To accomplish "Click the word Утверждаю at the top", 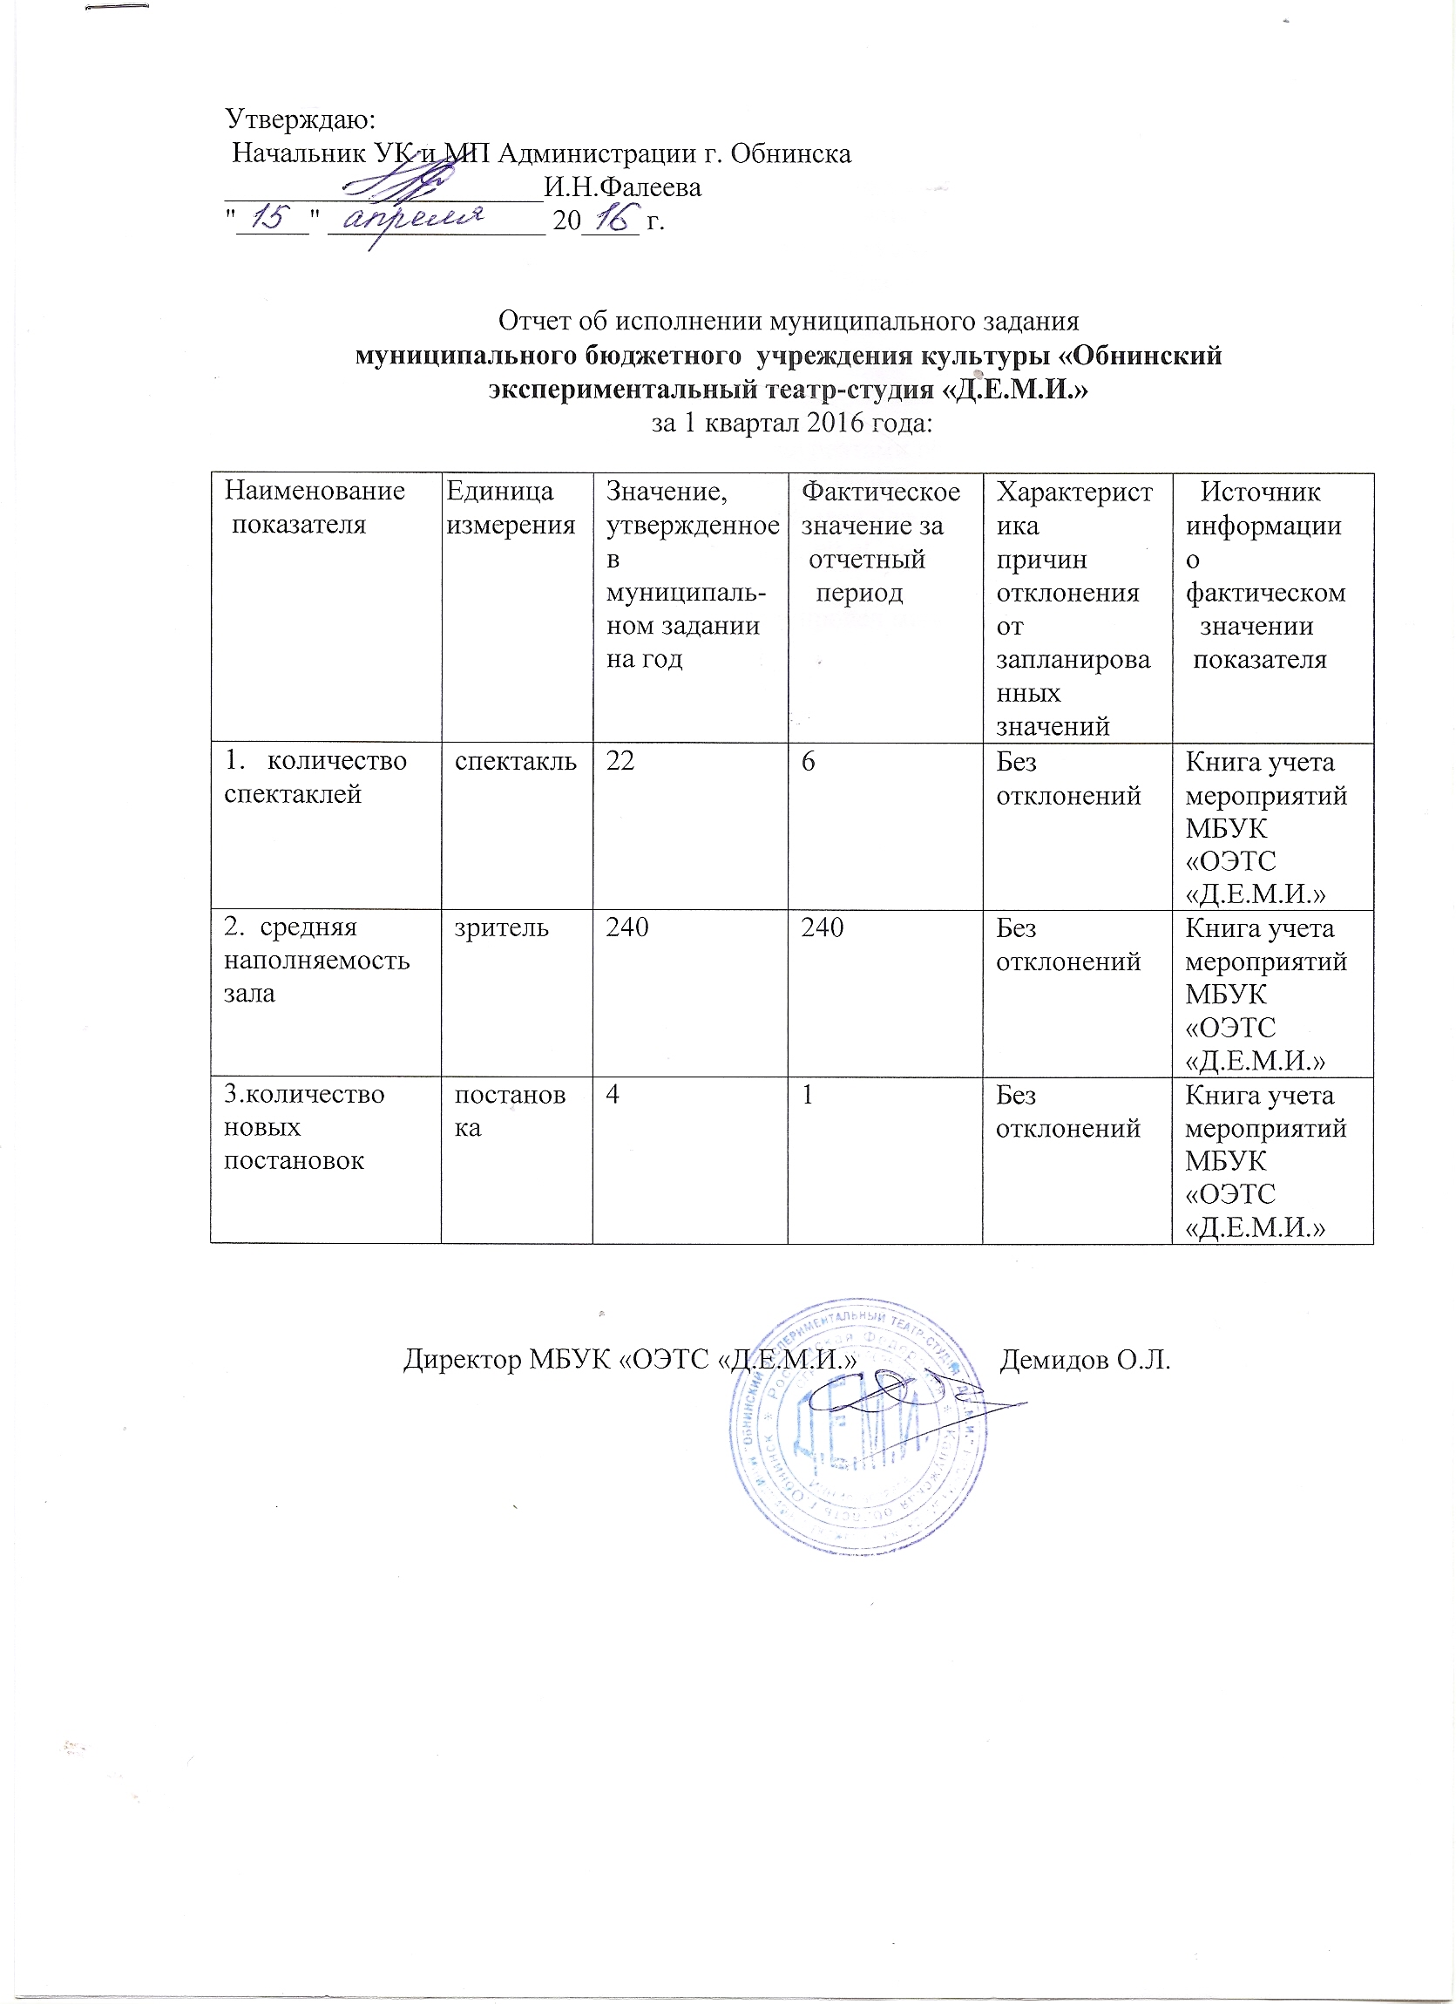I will point(301,118).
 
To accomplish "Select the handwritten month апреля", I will point(416,217).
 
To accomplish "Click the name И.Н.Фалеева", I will point(623,187).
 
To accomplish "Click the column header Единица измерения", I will point(511,508).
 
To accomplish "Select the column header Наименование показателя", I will point(315,507).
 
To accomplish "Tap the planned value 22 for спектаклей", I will point(620,762).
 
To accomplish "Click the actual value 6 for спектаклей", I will point(809,762).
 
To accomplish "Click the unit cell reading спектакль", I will point(516,762).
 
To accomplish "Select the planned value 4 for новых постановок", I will point(612,1095).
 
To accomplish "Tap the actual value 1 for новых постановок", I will point(808,1095).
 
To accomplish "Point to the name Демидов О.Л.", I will point(1085,1360).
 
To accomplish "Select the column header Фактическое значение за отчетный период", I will point(880,541).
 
